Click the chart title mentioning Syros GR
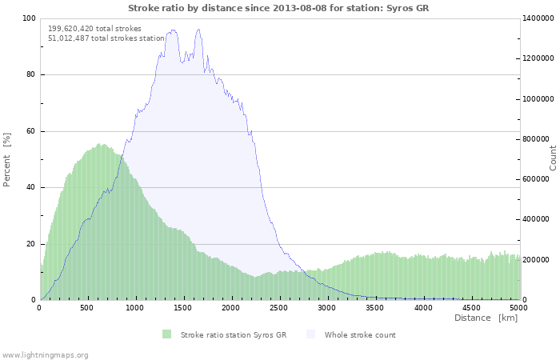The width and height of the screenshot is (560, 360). (278, 8)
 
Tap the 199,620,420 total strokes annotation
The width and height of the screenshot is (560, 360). (94, 29)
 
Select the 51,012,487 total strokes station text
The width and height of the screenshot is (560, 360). (106, 38)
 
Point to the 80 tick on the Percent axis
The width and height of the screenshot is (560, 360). (30, 74)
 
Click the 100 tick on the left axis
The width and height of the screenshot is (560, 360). (29, 18)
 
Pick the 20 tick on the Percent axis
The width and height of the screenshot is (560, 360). (30, 244)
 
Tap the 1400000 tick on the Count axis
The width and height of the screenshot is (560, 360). (538, 18)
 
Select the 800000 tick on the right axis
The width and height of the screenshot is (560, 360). (536, 139)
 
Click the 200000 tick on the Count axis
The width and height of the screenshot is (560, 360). (536, 260)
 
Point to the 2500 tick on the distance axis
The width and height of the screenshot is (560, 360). (278, 308)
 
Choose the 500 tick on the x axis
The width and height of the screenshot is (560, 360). (86, 308)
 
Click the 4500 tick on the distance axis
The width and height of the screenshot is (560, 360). (470, 308)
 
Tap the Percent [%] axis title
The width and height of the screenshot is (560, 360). (6, 160)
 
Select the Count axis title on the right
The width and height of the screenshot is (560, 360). (553, 158)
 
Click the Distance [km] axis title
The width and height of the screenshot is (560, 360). (486, 318)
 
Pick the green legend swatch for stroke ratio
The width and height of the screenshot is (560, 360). (166, 334)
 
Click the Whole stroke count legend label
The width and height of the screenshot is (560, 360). (360, 335)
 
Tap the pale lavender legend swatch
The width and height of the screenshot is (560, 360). (311, 334)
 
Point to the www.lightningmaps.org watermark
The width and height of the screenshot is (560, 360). (44, 355)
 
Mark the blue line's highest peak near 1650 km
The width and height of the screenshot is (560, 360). (198, 30)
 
